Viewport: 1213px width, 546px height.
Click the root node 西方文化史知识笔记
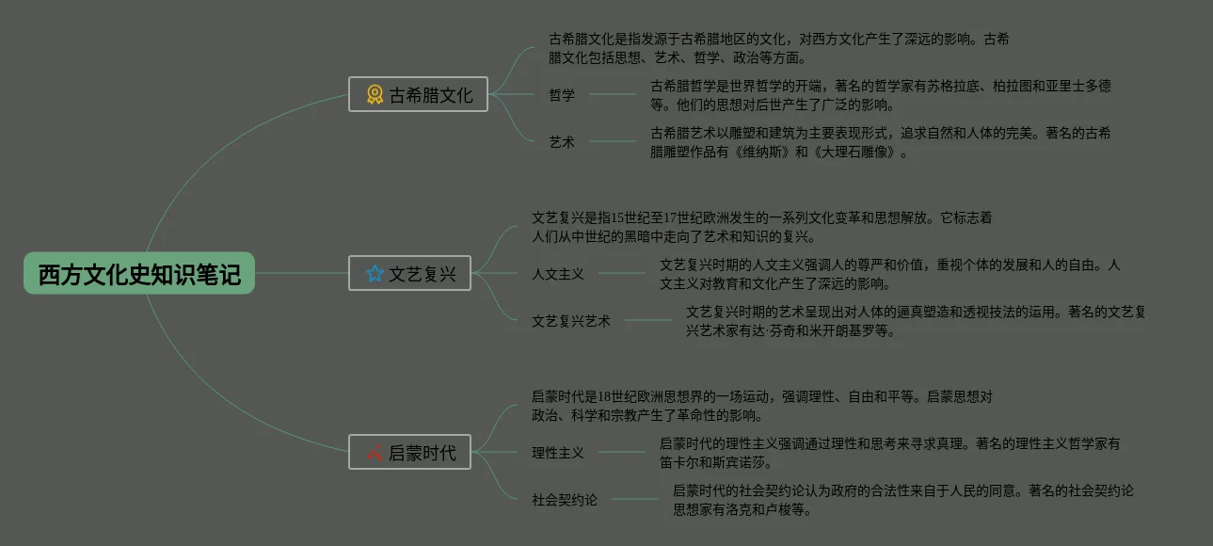pyautogui.click(x=139, y=273)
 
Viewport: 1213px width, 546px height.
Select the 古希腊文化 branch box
pyautogui.click(x=418, y=94)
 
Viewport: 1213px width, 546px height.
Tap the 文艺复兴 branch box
pyautogui.click(x=409, y=273)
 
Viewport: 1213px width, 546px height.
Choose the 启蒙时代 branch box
pyautogui.click(x=409, y=453)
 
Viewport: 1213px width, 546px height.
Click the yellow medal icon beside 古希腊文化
pyautogui.click(x=375, y=94)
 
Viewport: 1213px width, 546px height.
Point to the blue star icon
pyautogui.click(x=375, y=273)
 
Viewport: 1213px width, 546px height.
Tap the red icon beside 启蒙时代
pyautogui.click(x=374, y=453)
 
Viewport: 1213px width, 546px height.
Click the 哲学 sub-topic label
pyautogui.click(x=562, y=94)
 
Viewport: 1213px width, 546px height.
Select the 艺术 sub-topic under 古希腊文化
pyautogui.click(x=562, y=142)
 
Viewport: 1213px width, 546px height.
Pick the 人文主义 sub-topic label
pyautogui.click(x=558, y=274)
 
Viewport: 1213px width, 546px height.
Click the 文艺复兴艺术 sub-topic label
pyautogui.click(x=571, y=321)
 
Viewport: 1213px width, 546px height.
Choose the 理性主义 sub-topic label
pyautogui.click(x=558, y=453)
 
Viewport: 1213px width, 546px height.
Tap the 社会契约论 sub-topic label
pyautogui.click(x=565, y=500)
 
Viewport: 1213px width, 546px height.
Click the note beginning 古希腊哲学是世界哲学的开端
pyautogui.click(x=880, y=95)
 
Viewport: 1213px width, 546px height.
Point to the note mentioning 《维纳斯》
pyautogui.click(x=880, y=142)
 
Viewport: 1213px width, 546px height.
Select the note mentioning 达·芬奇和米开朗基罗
pyautogui.click(x=915, y=321)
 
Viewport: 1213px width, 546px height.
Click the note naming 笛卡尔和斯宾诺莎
pyautogui.click(x=889, y=453)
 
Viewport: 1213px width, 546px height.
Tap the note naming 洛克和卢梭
pyautogui.click(x=902, y=500)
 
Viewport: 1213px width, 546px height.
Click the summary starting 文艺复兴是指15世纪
pyautogui.click(x=761, y=227)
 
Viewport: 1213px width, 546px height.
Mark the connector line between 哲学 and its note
pyautogui.click(x=613, y=94)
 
